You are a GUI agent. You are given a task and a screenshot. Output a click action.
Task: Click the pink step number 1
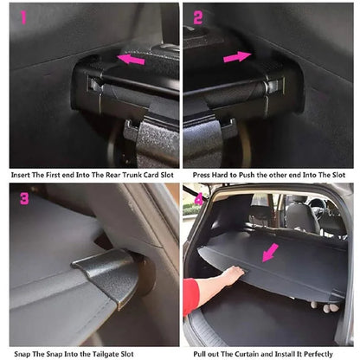(22, 16)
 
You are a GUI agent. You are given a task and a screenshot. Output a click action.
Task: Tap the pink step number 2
(197, 16)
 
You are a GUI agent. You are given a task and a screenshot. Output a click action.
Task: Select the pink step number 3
(23, 198)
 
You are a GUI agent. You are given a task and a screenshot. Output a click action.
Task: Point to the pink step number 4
(197, 197)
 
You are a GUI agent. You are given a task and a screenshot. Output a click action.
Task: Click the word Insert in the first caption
(23, 173)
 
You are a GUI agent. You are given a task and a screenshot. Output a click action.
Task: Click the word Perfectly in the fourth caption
(326, 354)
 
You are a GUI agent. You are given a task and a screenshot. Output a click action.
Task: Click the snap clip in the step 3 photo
(108, 277)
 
